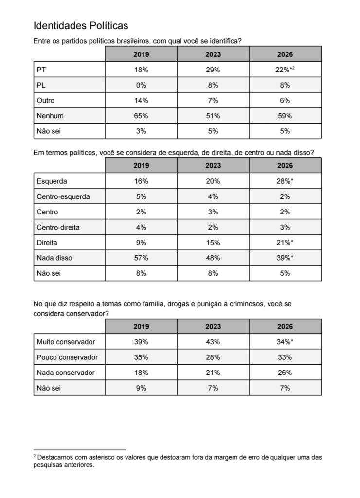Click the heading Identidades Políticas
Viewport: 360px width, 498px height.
(80, 26)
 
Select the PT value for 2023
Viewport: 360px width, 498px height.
(213, 70)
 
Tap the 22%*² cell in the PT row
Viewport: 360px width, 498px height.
(286, 70)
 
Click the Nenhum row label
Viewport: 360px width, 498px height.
(50, 116)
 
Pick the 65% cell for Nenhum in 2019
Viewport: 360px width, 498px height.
(141, 116)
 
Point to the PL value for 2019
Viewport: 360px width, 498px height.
(141, 85)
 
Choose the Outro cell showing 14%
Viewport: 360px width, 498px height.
(141, 101)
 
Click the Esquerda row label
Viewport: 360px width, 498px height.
(52, 181)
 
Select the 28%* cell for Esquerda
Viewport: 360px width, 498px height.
(286, 181)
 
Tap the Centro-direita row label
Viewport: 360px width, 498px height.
(58, 227)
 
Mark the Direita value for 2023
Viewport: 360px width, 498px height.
(213, 242)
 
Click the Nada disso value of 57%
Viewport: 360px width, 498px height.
(141, 258)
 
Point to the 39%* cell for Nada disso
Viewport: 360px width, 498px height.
(286, 258)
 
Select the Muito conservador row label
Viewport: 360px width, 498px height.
(66, 342)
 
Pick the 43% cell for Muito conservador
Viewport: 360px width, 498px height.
(213, 342)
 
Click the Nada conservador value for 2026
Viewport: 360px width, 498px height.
(285, 373)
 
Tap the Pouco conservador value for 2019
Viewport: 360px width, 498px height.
(141, 357)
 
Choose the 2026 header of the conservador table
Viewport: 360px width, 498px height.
(285, 326)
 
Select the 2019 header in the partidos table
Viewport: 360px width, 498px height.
(141, 54)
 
